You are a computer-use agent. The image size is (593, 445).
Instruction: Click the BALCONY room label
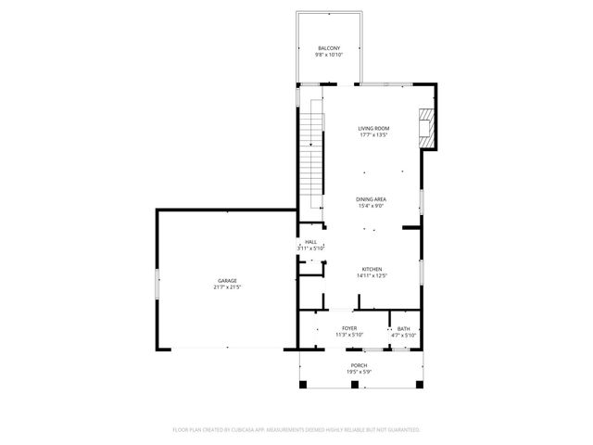(x=330, y=48)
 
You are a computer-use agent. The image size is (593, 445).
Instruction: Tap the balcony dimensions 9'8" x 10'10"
(x=330, y=55)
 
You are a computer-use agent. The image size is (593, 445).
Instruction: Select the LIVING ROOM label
(x=373, y=128)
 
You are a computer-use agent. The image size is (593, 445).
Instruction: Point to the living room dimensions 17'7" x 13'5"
(x=373, y=135)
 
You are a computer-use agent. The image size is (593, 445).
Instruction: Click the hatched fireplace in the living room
(x=427, y=127)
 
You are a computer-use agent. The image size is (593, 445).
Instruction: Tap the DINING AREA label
(x=372, y=199)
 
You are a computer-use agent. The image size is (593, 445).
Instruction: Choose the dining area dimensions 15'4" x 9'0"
(x=372, y=206)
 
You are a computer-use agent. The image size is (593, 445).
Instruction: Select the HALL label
(x=310, y=242)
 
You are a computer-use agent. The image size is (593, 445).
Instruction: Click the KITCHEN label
(x=372, y=269)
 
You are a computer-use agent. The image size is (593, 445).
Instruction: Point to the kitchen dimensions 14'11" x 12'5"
(x=372, y=275)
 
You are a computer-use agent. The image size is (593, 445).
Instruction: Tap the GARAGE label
(x=227, y=280)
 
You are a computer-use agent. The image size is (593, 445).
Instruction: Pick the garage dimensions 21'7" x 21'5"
(x=227, y=287)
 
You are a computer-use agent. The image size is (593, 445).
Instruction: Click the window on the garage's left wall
(x=157, y=282)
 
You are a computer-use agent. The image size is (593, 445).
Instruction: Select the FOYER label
(x=349, y=328)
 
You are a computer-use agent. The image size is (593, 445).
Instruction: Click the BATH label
(x=404, y=328)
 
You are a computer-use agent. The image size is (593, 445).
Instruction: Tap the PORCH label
(x=359, y=365)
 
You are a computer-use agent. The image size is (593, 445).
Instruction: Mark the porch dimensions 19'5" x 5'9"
(x=359, y=372)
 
